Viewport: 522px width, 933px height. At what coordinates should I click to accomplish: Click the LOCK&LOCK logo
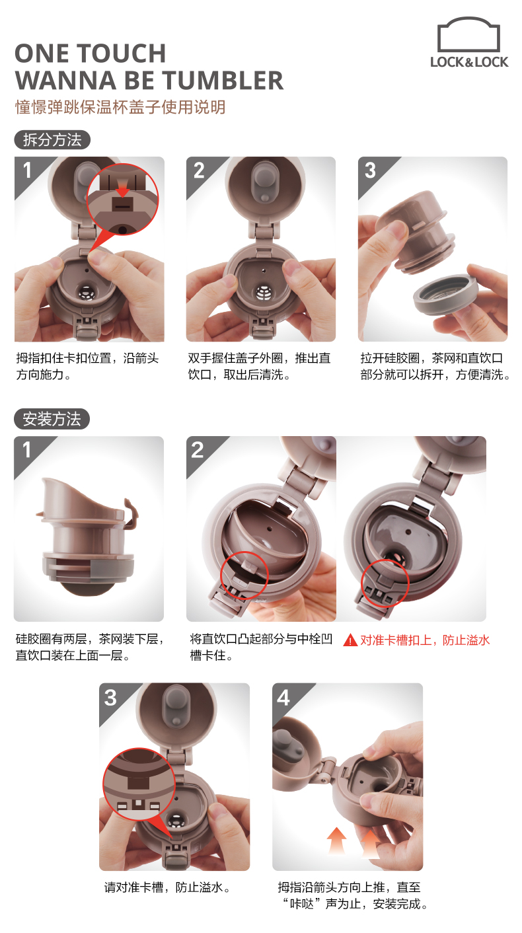pyautogui.click(x=469, y=42)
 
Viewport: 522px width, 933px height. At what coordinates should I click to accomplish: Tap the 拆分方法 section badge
pyautogui.click(x=52, y=139)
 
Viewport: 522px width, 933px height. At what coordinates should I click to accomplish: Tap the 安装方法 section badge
pyautogui.click(x=52, y=419)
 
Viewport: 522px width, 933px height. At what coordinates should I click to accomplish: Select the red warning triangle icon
pyautogui.click(x=350, y=640)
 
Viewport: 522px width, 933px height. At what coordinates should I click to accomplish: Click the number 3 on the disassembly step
pyautogui.click(x=370, y=170)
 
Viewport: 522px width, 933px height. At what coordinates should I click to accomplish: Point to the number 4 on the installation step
pyautogui.click(x=283, y=698)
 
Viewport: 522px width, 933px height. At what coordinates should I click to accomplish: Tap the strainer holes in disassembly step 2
pyautogui.click(x=263, y=293)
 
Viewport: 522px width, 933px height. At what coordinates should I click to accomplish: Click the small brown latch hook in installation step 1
pyautogui.click(x=130, y=515)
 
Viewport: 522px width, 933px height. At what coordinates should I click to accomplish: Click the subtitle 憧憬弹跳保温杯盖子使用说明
pyautogui.click(x=120, y=107)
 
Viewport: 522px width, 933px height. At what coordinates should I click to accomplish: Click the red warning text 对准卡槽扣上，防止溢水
pyautogui.click(x=425, y=640)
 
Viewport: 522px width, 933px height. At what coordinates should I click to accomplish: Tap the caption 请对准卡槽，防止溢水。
pyautogui.click(x=167, y=887)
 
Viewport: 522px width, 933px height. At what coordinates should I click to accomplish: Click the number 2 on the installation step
pyautogui.click(x=198, y=450)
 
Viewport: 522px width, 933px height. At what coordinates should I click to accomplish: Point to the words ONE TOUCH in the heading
pyautogui.click(x=91, y=54)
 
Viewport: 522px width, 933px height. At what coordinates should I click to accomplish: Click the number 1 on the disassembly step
pyautogui.click(x=27, y=170)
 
